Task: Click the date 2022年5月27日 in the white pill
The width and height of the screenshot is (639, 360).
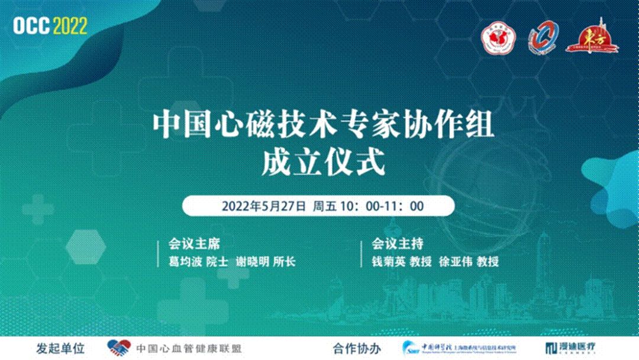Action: click(x=264, y=206)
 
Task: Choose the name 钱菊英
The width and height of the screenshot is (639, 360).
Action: click(x=388, y=261)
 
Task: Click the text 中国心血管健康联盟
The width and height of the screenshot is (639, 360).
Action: click(x=189, y=348)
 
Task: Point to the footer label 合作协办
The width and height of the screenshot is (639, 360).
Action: click(x=357, y=348)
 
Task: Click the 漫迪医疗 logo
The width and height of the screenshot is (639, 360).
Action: click(x=571, y=348)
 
